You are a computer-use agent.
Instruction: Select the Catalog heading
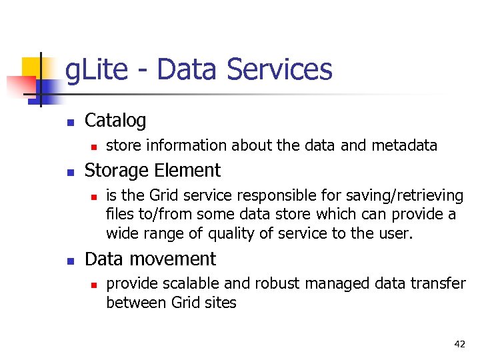coord(115,121)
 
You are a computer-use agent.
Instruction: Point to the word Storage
coord(117,171)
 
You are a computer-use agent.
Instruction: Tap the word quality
coord(235,233)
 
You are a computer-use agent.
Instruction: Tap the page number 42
coord(459,344)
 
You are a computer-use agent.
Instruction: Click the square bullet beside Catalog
coord(70,122)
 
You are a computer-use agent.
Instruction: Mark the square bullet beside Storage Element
coord(70,172)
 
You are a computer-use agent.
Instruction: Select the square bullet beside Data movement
coord(70,260)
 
